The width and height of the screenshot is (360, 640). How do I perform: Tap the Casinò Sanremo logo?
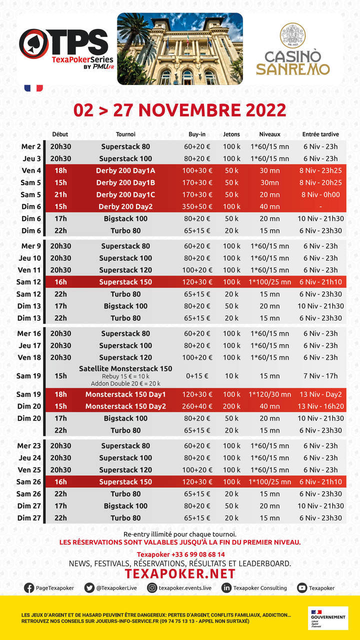coord(293,50)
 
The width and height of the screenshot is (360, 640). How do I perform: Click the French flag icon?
coord(33,88)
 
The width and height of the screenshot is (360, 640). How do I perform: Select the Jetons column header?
coord(231,134)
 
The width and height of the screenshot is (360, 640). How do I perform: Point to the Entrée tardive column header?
coord(320,134)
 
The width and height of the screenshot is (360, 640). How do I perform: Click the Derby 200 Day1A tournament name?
coord(125,170)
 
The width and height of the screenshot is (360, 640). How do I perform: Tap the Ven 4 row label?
coord(31,170)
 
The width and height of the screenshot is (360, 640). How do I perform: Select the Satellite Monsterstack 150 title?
coord(125,368)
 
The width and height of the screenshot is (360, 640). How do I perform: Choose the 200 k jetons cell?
coord(231,406)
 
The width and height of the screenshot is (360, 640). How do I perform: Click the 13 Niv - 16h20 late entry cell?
coord(320,406)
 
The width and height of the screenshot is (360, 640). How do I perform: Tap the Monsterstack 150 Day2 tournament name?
coord(125,406)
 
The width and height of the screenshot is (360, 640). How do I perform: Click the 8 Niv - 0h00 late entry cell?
coord(320,194)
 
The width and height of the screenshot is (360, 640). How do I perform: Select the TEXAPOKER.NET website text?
coord(180,573)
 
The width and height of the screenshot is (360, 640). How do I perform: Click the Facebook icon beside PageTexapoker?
coord(29,588)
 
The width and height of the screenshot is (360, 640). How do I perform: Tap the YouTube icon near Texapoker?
coord(302,588)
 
